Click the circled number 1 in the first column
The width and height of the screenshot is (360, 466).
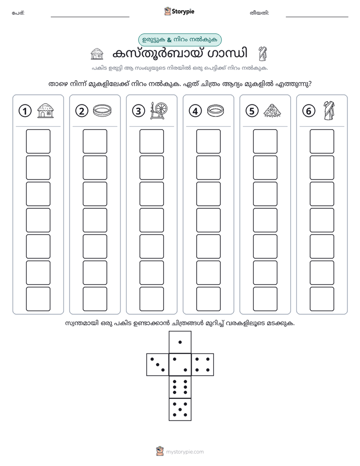(x=25, y=111)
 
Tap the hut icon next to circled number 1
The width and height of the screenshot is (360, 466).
(x=45, y=110)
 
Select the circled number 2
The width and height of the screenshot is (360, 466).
(x=82, y=111)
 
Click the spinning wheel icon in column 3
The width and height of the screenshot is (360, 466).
(x=159, y=110)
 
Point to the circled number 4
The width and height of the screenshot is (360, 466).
(x=195, y=111)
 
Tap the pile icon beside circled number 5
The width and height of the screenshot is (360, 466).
(x=272, y=110)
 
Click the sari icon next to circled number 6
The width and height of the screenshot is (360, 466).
(x=329, y=110)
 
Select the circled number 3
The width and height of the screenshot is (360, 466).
(x=139, y=111)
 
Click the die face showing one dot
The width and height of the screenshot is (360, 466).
(x=180, y=342)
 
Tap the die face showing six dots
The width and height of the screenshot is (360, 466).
(x=180, y=387)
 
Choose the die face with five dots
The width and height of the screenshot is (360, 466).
(x=180, y=409)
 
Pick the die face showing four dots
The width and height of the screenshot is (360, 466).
(x=203, y=365)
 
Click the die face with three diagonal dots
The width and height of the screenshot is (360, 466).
(x=158, y=365)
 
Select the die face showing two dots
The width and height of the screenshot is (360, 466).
(x=180, y=365)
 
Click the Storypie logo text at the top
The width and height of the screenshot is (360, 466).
(x=183, y=12)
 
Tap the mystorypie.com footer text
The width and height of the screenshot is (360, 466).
(x=185, y=452)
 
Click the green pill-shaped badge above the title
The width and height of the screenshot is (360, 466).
(x=180, y=40)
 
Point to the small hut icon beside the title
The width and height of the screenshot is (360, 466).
(x=97, y=54)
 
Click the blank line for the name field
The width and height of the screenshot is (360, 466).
(x=90, y=17)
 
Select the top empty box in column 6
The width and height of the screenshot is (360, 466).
(x=322, y=141)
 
